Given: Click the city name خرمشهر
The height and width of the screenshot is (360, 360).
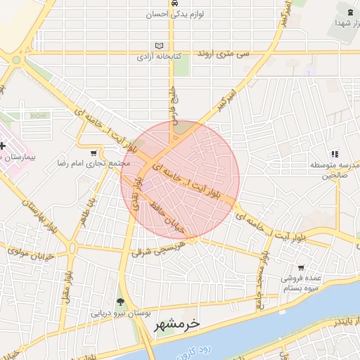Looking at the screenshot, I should click(176, 324).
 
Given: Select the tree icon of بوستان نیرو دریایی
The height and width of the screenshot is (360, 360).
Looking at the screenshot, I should click(121, 302).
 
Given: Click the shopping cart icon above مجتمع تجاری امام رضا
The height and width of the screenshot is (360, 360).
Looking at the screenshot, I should click(94, 153).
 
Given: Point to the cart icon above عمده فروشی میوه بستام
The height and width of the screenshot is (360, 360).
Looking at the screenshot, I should click(301, 267).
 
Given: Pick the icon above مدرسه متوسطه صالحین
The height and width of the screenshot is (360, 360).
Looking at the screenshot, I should click(335, 154).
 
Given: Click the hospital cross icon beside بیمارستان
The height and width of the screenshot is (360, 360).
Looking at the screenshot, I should click(3, 146).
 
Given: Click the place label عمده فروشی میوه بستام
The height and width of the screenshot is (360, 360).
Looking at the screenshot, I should click(302, 283).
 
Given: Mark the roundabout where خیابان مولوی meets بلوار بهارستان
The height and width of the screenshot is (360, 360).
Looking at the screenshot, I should click(72, 247).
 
